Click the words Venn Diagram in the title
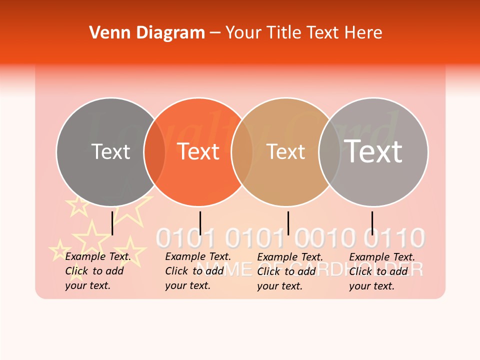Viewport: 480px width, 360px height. pos(147,33)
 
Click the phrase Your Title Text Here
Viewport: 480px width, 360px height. pos(303,33)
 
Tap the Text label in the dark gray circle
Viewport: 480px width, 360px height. pos(110,151)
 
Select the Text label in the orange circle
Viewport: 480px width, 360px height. pos(198,151)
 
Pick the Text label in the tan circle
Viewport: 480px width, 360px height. pos(285,151)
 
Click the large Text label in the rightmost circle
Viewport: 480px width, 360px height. pos(373,151)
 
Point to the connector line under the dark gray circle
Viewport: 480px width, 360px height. pos(112,223)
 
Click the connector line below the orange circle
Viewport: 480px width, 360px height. pos(200,223)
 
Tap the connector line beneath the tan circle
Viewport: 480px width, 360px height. pos(288,223)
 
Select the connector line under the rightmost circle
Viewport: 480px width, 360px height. pos(372,223)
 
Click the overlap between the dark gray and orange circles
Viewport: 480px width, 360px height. pos(154,151)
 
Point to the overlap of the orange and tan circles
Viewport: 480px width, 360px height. pos(242,151)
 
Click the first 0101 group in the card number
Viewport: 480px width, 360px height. pos(185,238)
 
